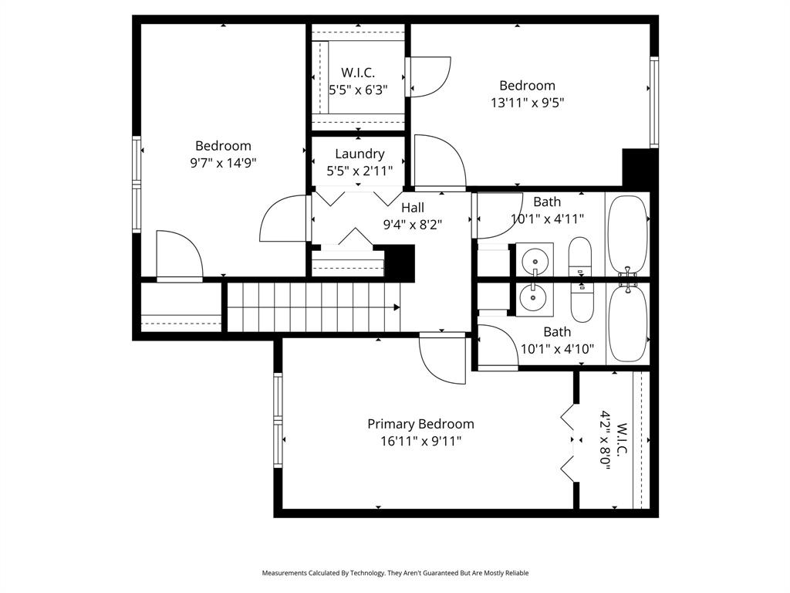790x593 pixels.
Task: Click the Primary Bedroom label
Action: click(x=420, y=424)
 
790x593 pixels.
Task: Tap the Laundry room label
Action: click(x=360, y=154)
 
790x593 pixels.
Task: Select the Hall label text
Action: click(x=413, y=207)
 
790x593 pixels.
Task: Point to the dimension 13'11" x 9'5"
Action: click(x=527, y=103)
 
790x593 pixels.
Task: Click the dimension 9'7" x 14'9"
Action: click(x=223, y=163)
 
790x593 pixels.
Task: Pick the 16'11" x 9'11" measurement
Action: click(x=420, y=441)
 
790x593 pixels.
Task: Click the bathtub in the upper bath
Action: click(x=628, y=235)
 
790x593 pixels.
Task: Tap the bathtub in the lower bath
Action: click(x=628, y=323)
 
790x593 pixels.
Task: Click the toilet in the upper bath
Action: click(x=580, y=256)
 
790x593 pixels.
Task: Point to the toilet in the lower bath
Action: click(x=582, y=303)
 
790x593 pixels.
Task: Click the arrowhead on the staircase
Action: click(x=397, y=307)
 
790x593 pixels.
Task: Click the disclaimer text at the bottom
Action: click(x=395, y=573)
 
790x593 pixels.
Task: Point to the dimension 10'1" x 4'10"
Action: click(x=557, y=349)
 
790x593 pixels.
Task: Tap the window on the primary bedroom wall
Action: click(x=278, y=420)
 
